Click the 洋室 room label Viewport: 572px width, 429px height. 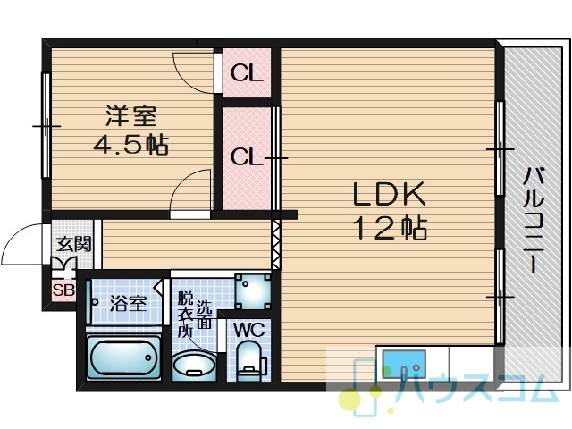point(131,115)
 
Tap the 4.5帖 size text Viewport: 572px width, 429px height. point(131,145)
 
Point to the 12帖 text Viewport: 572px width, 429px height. point(390,228)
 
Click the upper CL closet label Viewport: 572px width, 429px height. point(247,73)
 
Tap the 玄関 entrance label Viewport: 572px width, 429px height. point(74,244)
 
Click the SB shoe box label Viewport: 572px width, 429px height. point(63,290)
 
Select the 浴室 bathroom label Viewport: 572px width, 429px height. point(129,303)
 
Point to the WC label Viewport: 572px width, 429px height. point(249,331)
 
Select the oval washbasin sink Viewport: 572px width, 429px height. point(194,365)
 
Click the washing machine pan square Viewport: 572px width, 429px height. point(253,291)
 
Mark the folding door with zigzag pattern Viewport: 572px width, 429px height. point(276,244)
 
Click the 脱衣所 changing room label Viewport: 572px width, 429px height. point(185,315)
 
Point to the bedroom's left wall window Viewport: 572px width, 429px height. point(46,125)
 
